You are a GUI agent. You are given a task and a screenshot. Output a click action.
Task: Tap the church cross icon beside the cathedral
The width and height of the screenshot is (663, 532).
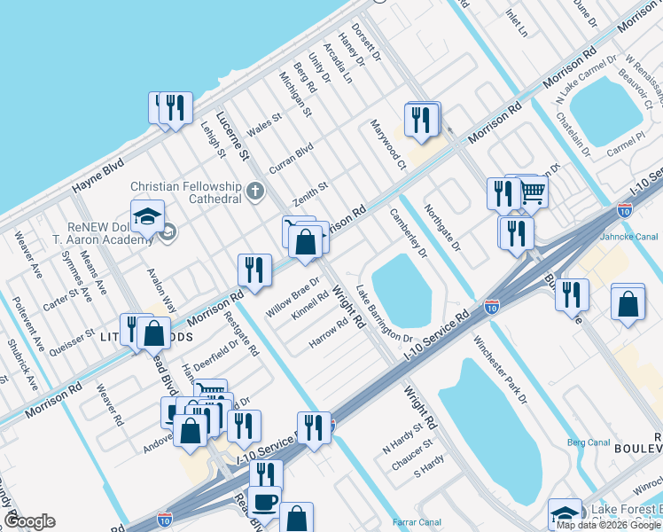254,191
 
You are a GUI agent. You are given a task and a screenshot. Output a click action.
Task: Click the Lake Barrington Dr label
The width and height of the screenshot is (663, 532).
384,315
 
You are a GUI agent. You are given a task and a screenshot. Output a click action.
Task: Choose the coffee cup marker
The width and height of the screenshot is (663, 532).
265,502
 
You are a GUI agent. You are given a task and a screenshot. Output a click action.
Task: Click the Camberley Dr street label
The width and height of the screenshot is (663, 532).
409,233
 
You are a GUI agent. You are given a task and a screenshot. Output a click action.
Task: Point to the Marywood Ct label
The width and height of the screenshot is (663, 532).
387,143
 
